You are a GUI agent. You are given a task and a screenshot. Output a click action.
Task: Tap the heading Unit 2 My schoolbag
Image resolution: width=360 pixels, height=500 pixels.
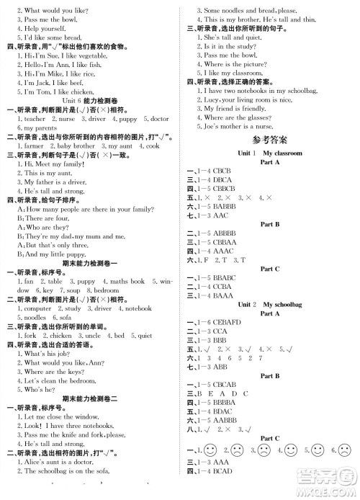269,304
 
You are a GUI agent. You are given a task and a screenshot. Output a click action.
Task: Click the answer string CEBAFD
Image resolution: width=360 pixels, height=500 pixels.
233,322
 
